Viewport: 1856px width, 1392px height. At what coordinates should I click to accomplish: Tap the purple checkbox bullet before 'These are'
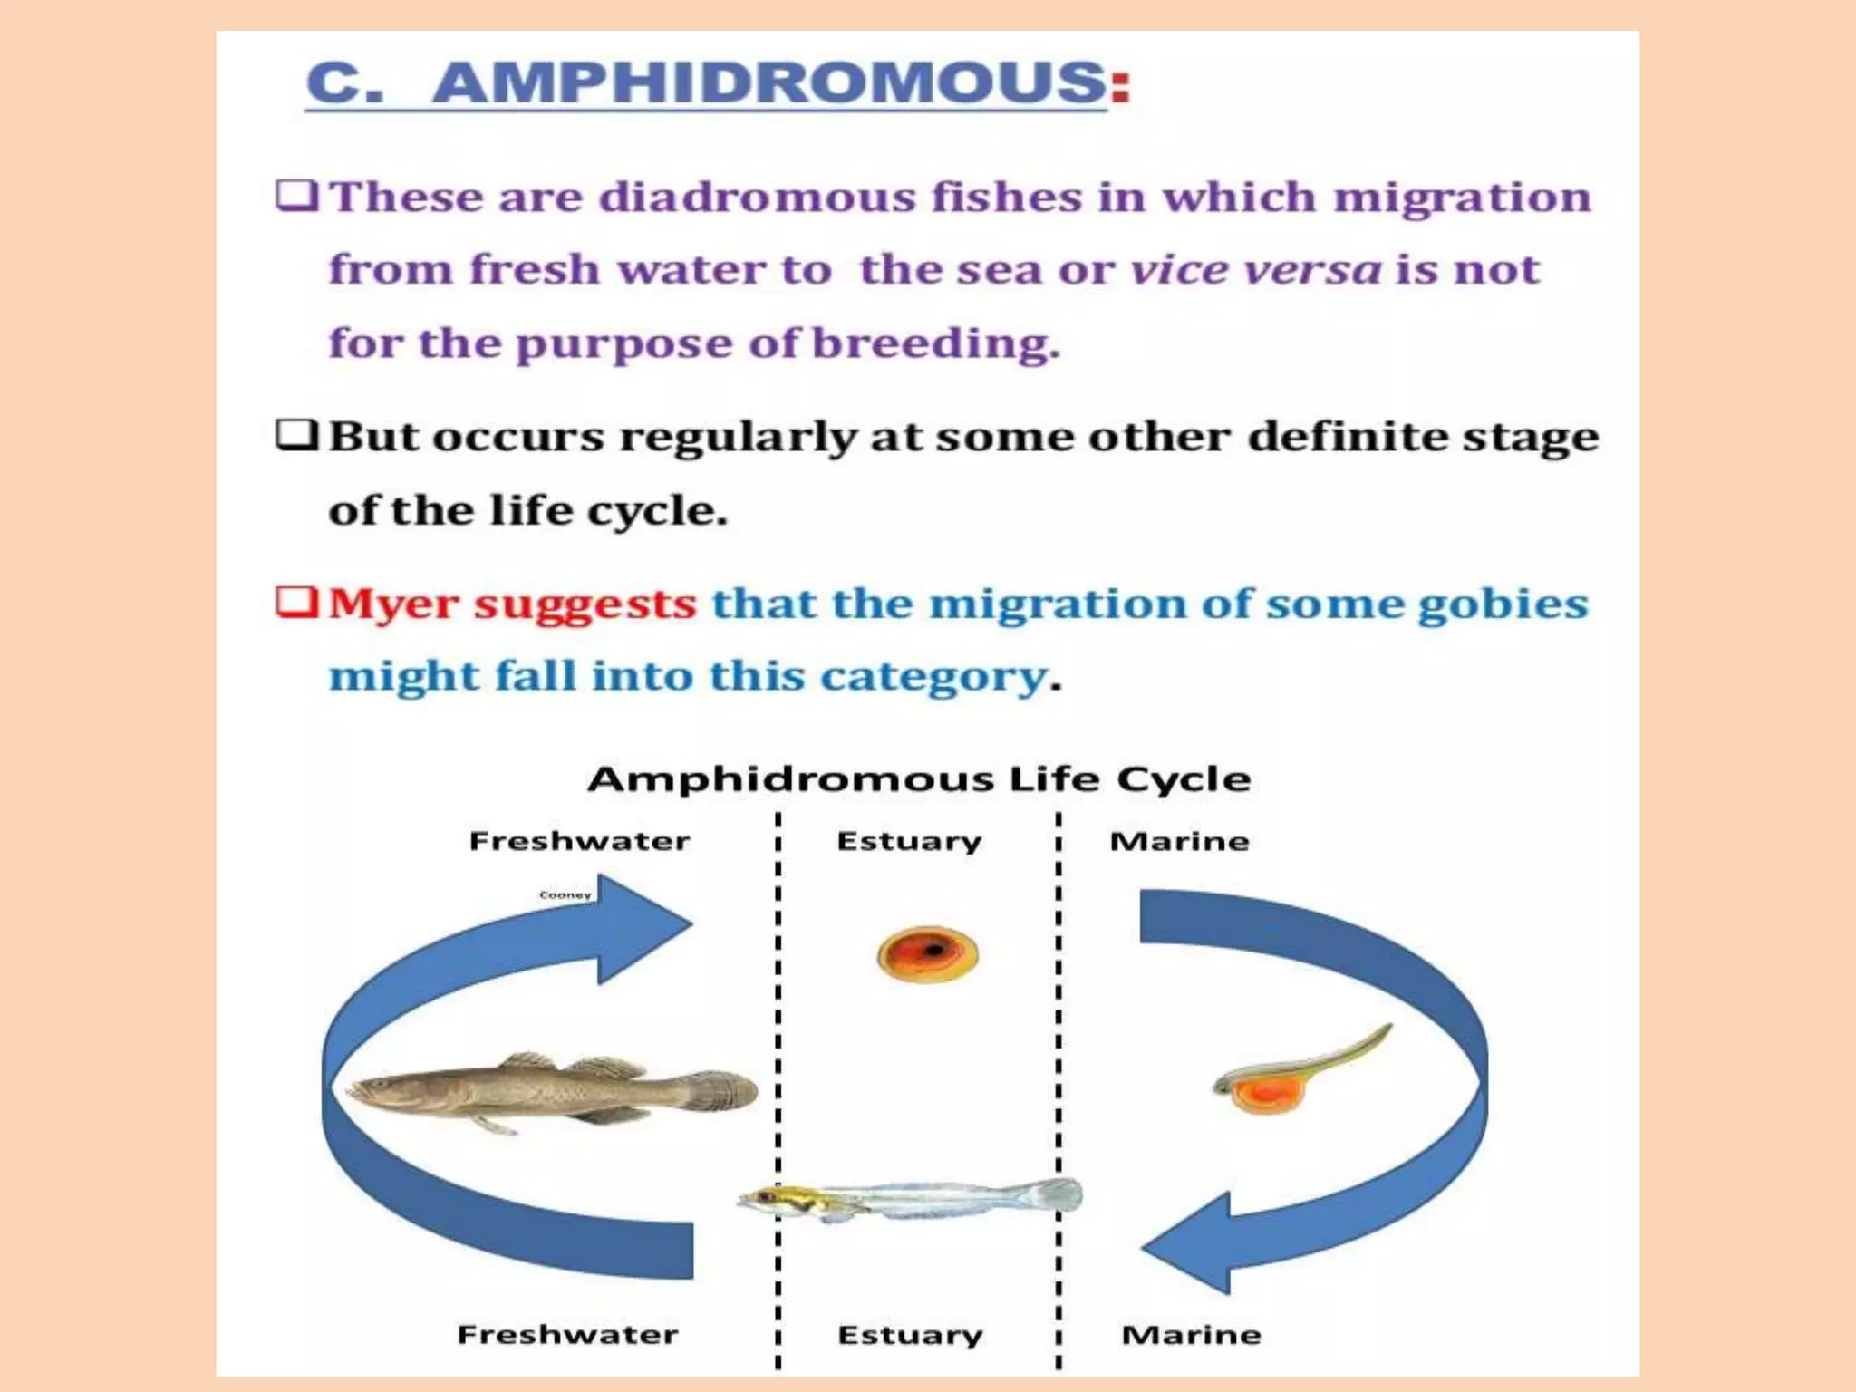point(296,196)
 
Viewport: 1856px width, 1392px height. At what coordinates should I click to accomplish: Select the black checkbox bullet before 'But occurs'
point(296,436)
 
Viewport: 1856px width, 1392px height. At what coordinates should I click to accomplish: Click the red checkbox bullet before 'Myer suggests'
point(296,603)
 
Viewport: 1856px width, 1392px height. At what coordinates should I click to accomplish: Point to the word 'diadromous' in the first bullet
point(757,198)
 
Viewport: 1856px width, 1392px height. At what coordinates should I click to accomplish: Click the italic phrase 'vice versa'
point(1255,270)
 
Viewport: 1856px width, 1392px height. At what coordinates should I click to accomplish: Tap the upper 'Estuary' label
point(909,842)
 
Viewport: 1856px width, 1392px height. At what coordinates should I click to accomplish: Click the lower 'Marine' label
point(1191,1335)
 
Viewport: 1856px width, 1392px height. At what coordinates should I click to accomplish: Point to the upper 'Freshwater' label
point(579,841)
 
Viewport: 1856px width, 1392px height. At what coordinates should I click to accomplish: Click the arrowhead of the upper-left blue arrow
point(645,927)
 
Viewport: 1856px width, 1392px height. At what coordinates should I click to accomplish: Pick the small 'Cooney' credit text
point(565,895)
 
